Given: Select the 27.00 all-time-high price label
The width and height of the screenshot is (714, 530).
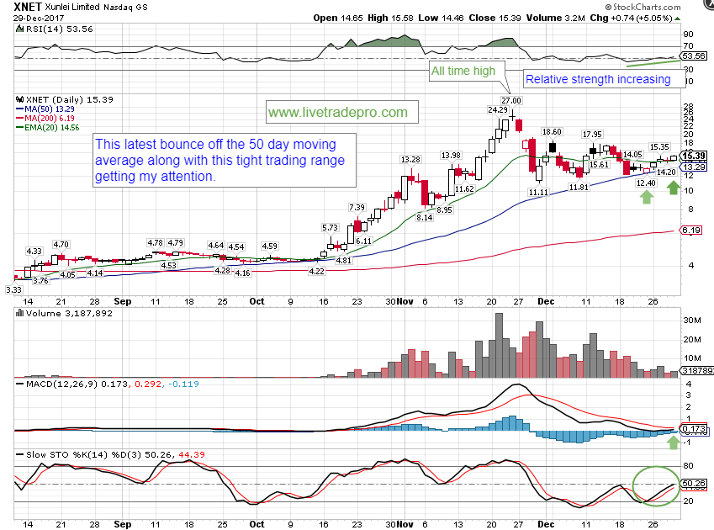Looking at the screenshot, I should [511, 101].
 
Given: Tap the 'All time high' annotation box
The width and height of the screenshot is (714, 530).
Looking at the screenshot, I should [463, 72].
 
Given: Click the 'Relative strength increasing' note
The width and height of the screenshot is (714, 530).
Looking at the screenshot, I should [597, 80].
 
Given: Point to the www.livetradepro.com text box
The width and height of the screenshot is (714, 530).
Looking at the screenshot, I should [337, 112].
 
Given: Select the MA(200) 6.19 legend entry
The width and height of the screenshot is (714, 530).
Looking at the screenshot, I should [50, 119].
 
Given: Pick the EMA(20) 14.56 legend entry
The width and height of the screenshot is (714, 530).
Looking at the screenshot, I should [53, 129].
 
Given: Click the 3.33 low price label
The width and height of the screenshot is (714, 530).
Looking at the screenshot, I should [14, 289].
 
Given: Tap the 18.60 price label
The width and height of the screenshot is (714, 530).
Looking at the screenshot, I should [552, 132].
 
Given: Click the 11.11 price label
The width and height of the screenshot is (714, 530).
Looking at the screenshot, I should [539, 193].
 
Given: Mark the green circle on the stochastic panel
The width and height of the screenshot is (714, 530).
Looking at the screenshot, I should [655, 485].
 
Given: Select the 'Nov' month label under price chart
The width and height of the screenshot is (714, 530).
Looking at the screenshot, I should [406, 300].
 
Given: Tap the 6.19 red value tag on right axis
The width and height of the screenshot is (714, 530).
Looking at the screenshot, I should [691, 231].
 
